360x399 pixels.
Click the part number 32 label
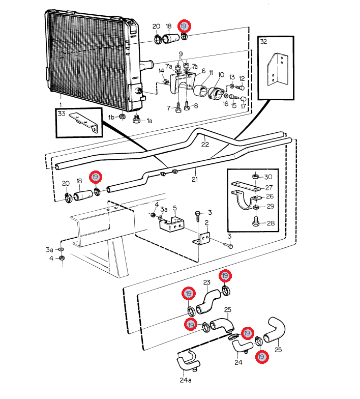263,42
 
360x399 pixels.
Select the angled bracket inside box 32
277,70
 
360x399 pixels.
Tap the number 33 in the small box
62,113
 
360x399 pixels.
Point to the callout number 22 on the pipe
205,145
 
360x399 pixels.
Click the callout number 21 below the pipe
195,179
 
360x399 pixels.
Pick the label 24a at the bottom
186,380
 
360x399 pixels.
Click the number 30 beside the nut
268,177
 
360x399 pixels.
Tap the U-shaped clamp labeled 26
245,203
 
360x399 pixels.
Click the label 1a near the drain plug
149,121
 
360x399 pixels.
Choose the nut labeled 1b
122,117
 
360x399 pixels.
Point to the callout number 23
206,282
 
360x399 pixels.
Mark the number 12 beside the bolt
242,78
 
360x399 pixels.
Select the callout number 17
243,106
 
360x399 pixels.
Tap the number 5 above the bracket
175,208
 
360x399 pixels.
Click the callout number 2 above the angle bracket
206,223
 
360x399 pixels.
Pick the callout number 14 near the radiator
162,71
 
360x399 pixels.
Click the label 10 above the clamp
221,75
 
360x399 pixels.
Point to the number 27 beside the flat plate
269,187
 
